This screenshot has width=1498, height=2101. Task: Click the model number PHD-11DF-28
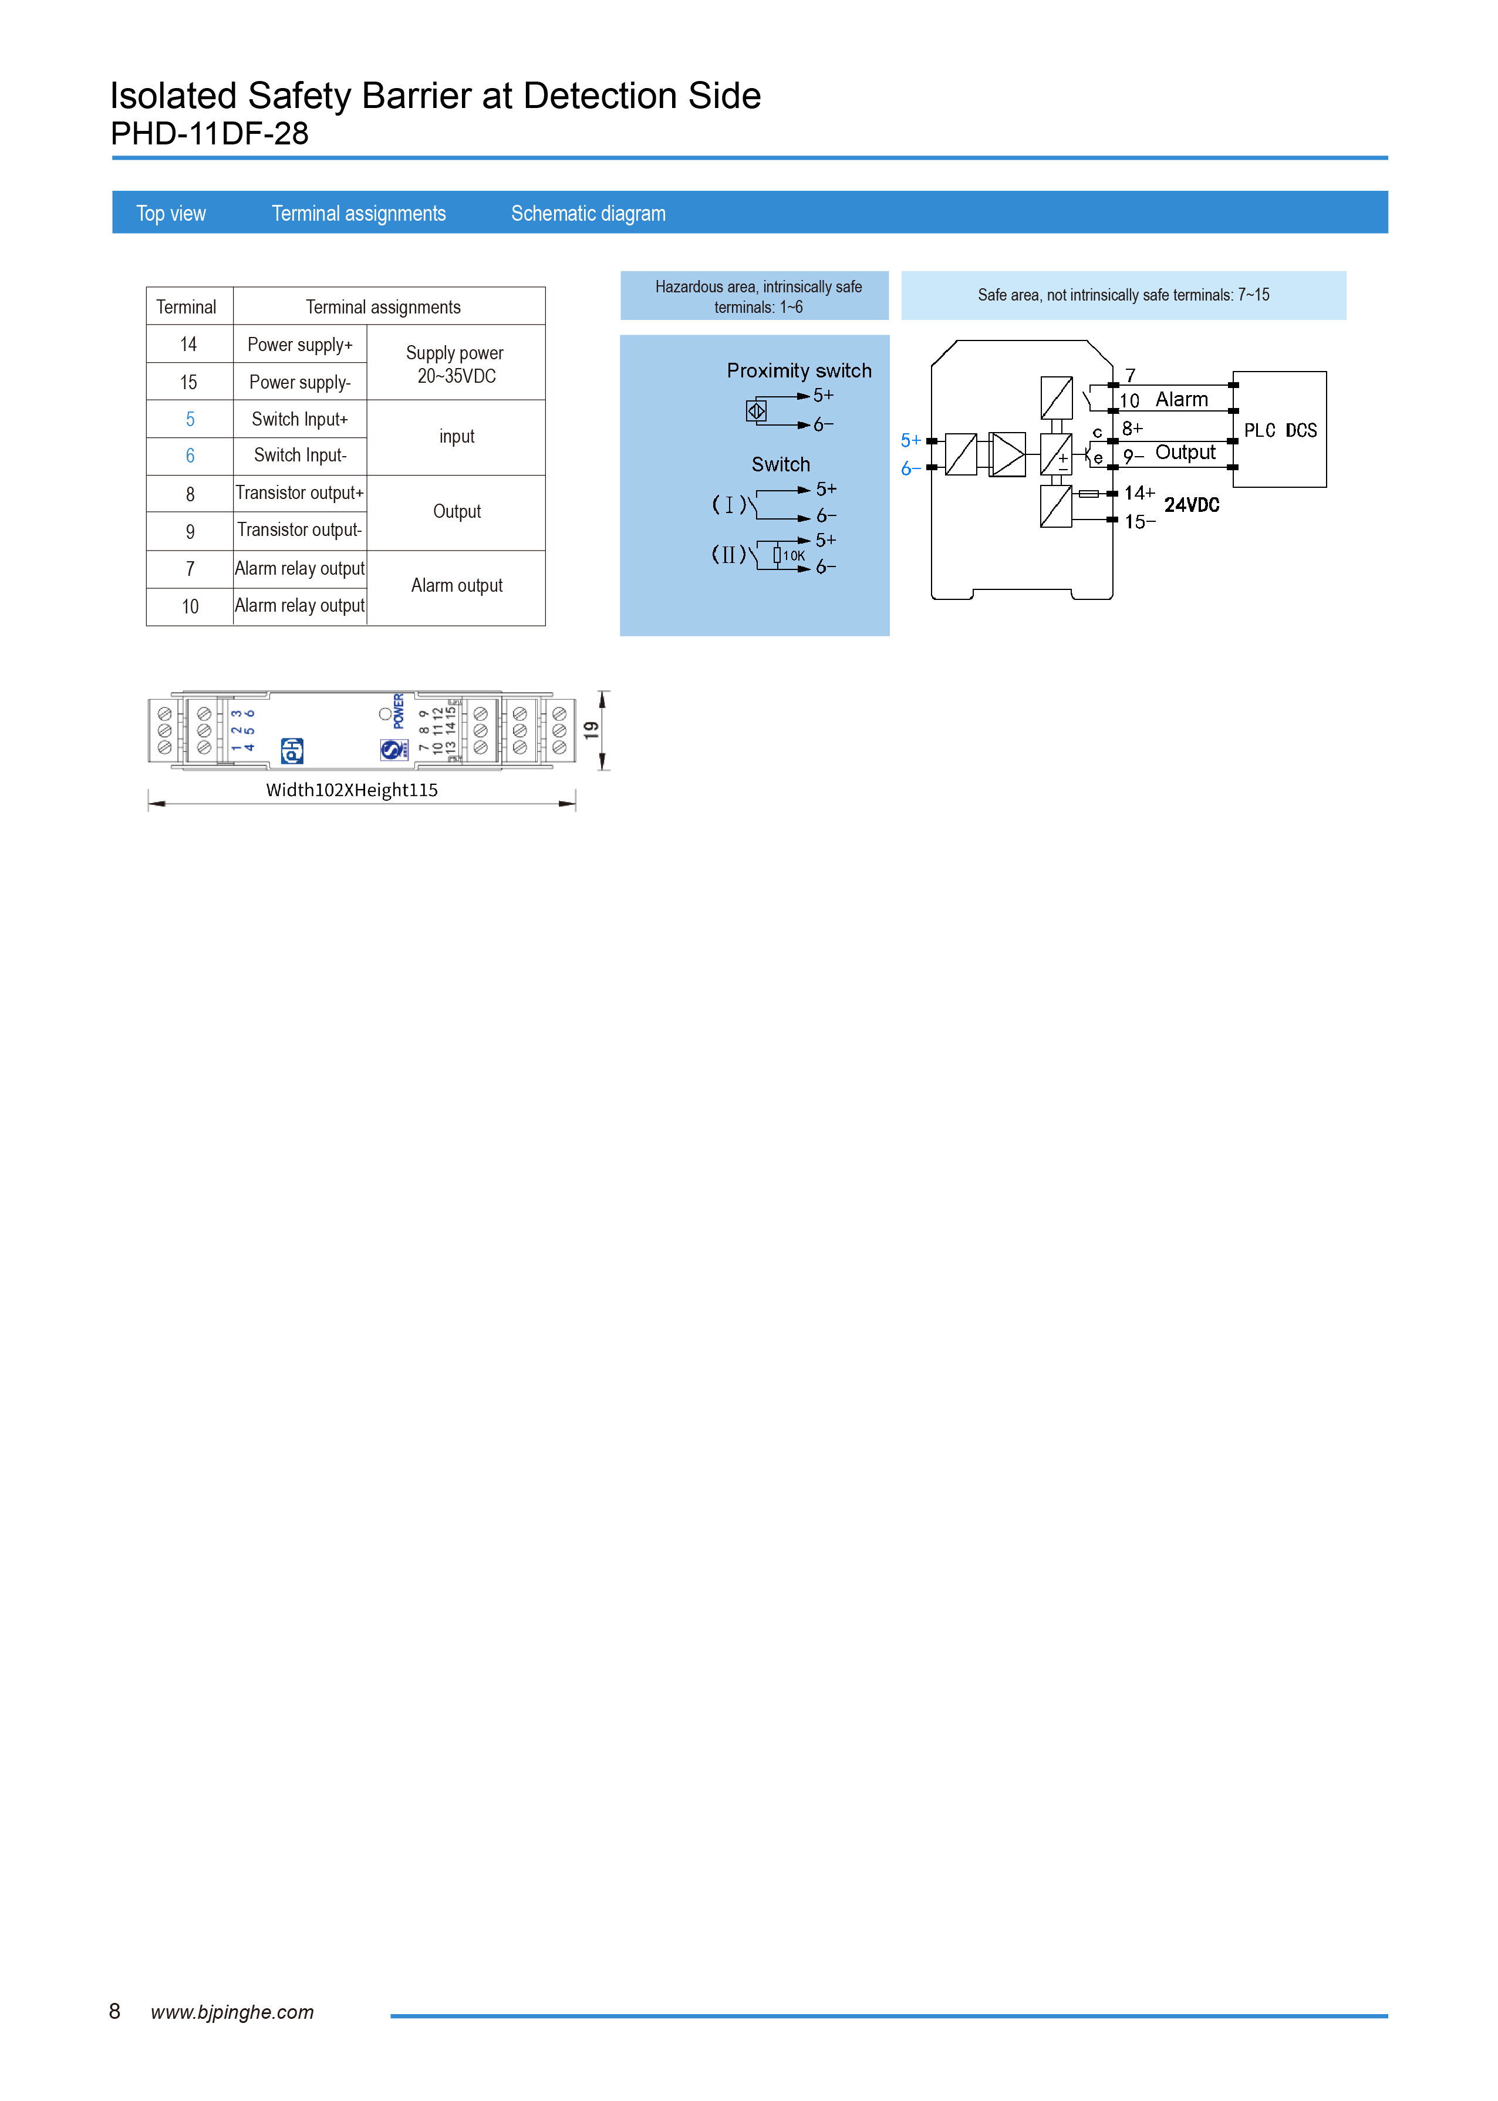pos(210,134)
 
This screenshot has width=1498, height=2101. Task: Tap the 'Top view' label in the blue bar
pos(171,214)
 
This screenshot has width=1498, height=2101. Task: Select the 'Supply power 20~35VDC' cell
pos(456,365)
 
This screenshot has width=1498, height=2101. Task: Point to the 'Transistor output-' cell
pos(300,530)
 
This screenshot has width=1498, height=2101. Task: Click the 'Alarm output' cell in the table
pos(457,586)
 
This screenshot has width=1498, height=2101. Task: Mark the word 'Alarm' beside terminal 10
pos(1182,399)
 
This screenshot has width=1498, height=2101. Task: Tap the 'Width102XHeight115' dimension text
pos(352,790)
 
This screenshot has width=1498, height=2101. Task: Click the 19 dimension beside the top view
pos(591,730)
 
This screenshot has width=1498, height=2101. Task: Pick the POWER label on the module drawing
pos(399,711)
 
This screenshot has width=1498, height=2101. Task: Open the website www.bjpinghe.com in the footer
pos(232,2012)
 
